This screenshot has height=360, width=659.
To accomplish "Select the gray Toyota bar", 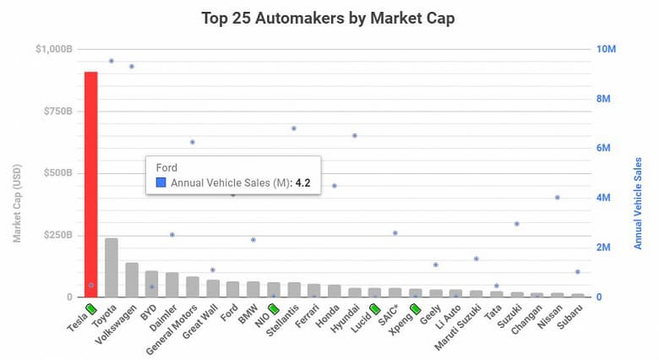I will pyautogui.click(x=111, y=267).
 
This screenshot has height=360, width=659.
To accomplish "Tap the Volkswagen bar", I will pyautogui.click(x=131, y=280).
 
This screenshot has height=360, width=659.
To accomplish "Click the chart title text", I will pyautogui.click(x=328, y=18).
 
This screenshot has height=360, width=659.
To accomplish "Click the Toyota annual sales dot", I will pyautogui.click(x=111, y=61).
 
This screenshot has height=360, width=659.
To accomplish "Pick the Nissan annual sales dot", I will pyautogui.click(x=557, y=198).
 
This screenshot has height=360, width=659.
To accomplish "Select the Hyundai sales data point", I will pyautogui.click(x=354, y=135).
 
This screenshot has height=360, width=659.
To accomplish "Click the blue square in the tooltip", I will pyautogui.click(x=161, y=182).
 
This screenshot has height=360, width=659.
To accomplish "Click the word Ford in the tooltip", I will pyautogui.click(x=166, y=167).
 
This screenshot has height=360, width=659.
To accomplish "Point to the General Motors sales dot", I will pyautogui.click(x=192, y=142).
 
